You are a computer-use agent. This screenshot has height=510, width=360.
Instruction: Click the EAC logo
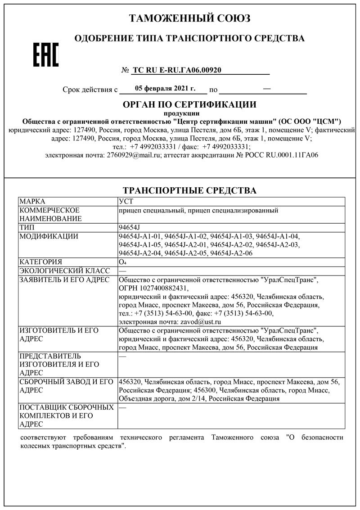(x=46, y=55)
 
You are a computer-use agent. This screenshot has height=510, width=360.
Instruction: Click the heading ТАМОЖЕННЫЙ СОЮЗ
(x=189, y=18)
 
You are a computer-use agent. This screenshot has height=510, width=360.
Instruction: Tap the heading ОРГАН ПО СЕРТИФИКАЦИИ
(x=189, y=105)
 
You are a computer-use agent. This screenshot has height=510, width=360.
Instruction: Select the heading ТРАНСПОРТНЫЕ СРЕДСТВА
(x=189, y=190)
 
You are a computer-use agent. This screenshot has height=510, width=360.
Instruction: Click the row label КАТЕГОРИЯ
(x=41, y=262)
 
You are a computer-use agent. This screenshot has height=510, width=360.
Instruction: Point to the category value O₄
(x=122, y=262)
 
